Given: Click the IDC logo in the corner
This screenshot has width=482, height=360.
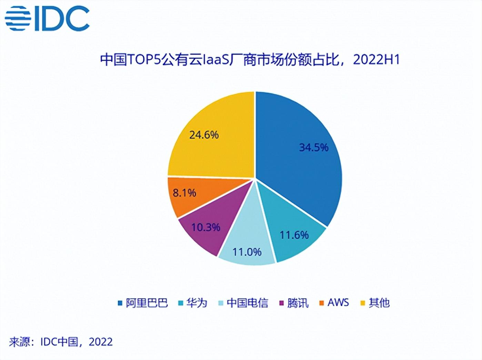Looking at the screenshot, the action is click(47, 18).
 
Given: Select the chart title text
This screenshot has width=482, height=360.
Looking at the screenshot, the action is click(250, 59).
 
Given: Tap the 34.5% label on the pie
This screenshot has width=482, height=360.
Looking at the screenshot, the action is click(314, 147).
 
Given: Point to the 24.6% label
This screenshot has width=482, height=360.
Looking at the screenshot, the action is click(204, 134).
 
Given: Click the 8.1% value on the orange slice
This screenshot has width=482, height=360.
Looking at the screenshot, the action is click(184, 193).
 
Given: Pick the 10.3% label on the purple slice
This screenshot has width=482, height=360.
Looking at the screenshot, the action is click(206, 227).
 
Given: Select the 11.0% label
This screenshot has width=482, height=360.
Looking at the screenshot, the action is click(247, 252).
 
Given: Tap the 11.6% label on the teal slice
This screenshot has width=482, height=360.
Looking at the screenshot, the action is click(294, 235).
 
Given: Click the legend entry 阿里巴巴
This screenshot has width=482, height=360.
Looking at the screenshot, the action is click(147, 303).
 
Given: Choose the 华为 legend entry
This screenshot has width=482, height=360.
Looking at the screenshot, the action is click(197, 303).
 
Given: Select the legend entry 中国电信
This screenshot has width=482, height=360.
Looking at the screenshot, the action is click(248, 303).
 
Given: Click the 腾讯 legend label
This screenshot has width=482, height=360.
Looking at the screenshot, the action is click(298, 303).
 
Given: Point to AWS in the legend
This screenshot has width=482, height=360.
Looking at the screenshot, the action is click(338, 303).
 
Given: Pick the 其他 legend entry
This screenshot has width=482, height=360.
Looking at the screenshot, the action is click(379, 303).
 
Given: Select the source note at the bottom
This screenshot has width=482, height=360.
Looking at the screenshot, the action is click(61, 342).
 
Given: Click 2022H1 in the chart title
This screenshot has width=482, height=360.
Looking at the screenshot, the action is click(376, 60).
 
